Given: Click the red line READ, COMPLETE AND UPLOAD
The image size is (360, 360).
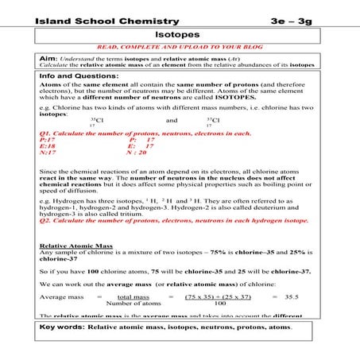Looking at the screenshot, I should pyautogui.click(x=180, y=48).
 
